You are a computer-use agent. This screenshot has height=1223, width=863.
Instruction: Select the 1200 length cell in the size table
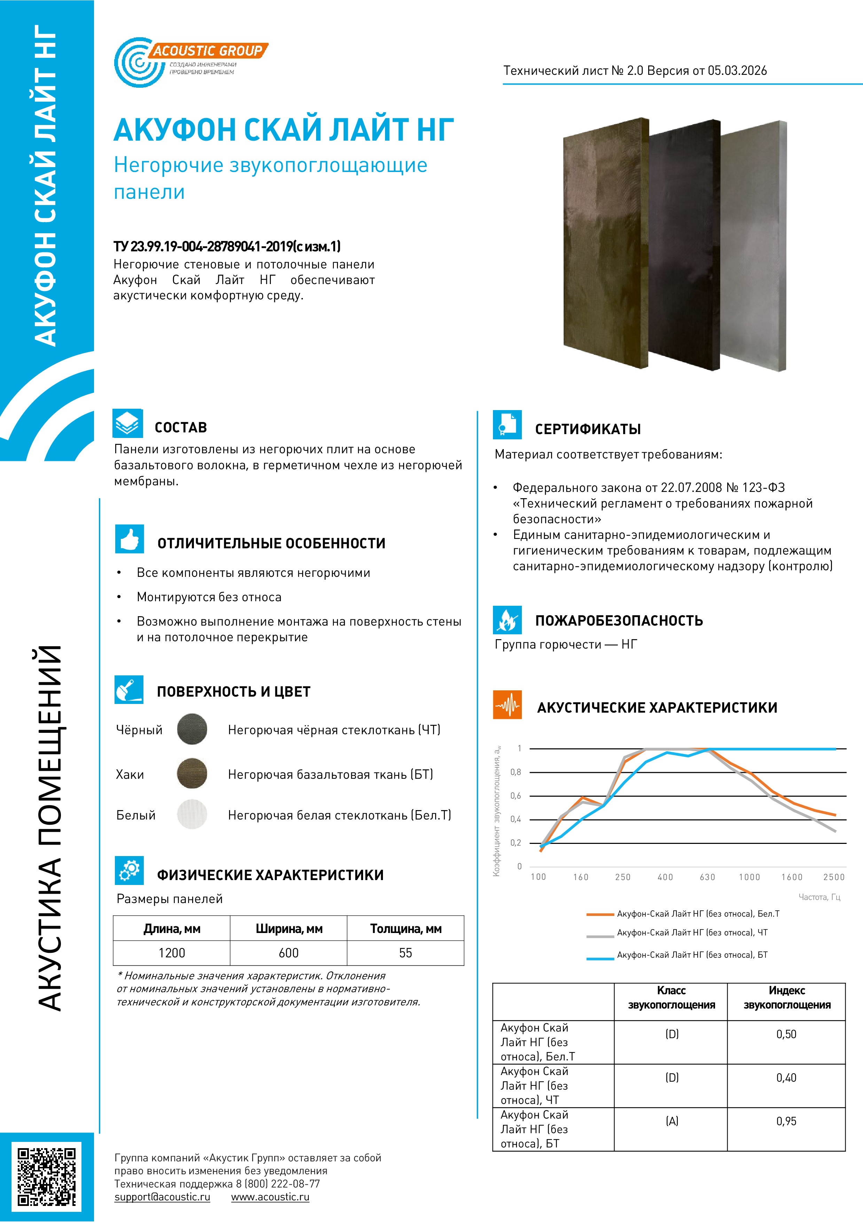172,953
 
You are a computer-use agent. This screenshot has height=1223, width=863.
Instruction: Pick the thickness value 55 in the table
406,953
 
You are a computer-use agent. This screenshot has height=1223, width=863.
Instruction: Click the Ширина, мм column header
289,929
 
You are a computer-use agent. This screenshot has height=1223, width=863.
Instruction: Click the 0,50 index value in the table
786,1034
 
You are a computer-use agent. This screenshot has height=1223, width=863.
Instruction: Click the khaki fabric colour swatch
192,774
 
